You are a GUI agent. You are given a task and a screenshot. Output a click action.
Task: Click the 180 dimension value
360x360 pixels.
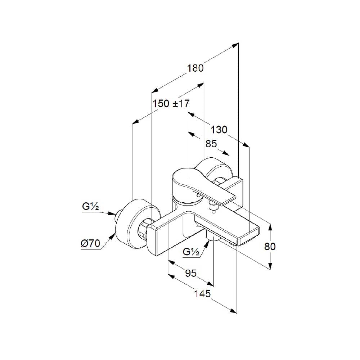[195, 68]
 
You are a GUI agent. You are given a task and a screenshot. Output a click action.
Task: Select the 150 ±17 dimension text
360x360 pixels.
[171, 104]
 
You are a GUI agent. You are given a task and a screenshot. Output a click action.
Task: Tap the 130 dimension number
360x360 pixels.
[219, 129]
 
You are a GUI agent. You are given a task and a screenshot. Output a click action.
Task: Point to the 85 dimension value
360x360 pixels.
[211, 144]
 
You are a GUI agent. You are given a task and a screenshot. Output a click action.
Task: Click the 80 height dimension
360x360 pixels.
[270, 246]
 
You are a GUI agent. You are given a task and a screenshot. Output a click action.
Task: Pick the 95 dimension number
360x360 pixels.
[191, 273]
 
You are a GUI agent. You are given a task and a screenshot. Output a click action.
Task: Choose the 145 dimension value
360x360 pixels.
[202, 294]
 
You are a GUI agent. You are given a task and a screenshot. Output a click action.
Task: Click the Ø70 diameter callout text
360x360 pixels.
[90, 243]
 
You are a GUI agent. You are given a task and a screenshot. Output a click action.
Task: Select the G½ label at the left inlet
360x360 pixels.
[90, 207]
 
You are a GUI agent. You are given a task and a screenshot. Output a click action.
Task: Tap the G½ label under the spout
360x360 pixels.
[191, 252]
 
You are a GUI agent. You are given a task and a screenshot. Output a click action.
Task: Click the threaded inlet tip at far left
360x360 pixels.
[116, 216]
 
